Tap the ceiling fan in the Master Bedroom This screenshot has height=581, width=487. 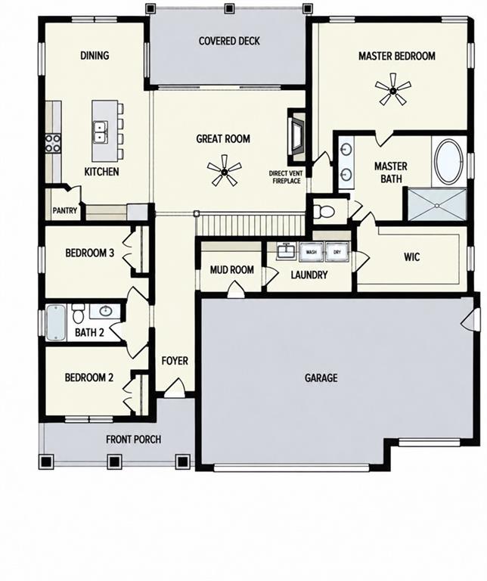[393, 89]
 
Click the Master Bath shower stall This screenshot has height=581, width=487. [436, 205]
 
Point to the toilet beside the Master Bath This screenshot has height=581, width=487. [324, 212]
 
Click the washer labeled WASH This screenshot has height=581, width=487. [311, 252]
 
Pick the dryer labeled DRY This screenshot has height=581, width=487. [337, 252]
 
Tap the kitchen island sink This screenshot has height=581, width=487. [100, 132]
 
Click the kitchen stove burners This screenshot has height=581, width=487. [53, 143]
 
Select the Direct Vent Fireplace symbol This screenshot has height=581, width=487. [297, 136]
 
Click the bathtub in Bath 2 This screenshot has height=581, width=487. [56, 322]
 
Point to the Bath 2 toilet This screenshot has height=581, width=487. [78, 313]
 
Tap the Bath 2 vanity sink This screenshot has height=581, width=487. [106, 310]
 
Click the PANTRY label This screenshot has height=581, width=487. [65, 210]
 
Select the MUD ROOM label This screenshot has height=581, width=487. [232, 269]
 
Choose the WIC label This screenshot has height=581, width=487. [412, 256]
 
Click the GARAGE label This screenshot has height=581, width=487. [321, 377]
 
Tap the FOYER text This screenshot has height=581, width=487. [175, 361]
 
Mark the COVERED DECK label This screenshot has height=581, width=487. [229, 41]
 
